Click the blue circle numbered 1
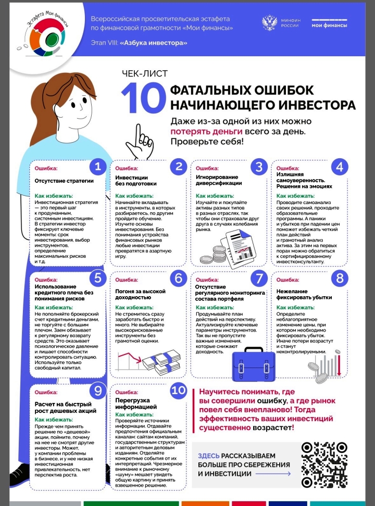97,167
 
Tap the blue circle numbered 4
340,167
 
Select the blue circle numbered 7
259,278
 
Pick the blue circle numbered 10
178,390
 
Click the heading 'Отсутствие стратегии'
57,182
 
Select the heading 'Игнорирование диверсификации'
218,180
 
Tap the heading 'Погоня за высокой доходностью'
141,294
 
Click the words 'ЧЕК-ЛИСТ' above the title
141,73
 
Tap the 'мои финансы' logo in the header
329,24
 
